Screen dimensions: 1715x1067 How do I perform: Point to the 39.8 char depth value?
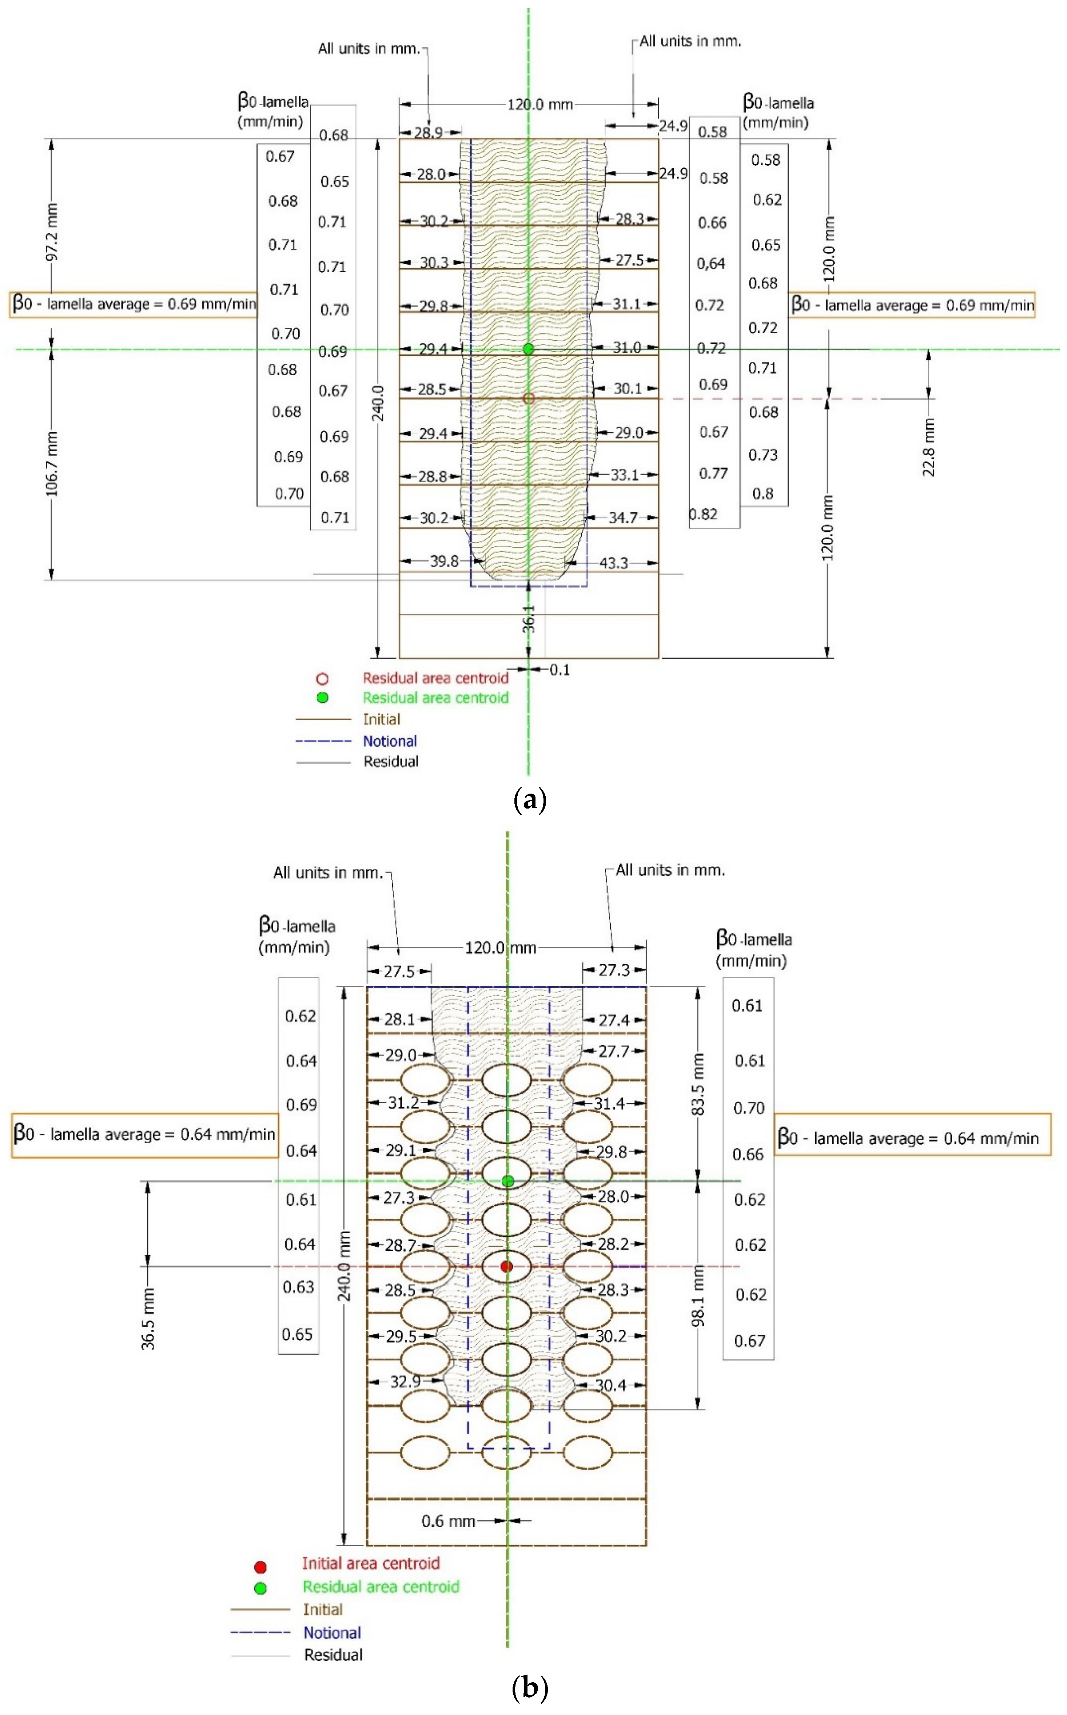(444, 561)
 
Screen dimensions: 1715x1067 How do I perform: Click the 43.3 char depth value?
(613, 563)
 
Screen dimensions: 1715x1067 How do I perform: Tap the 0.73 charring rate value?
(763, 454)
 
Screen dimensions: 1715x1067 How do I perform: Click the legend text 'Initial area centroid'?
(370, 1563)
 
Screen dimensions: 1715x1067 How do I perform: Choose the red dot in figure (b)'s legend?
(260, 1567)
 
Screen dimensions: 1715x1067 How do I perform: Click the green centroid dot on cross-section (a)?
(529, 349)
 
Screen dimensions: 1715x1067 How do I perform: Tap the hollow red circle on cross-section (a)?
(529, 399)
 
